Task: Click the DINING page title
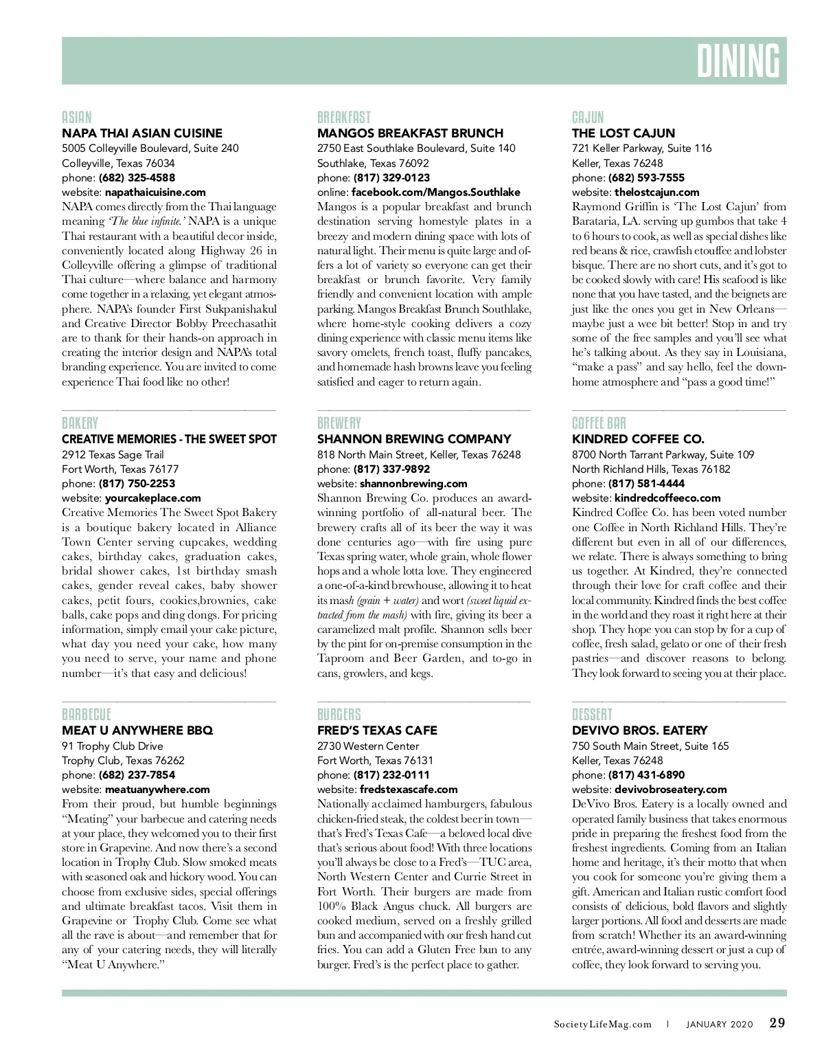click(738, 61)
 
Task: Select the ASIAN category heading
click(76, 118)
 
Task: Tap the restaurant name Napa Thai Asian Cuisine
click(142, 133)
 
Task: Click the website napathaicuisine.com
click(155, 192)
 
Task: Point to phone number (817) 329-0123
click(391, 178)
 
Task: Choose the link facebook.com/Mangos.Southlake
click(435, 192)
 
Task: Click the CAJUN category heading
click(588, 118)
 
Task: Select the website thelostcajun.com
click(656, 192)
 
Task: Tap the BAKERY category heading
click(80, 423)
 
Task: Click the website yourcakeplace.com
click(152, 498)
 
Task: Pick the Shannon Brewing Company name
click(414, 439)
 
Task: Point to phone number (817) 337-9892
click(391, 469)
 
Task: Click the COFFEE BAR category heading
click(599, 423)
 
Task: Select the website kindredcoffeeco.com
click(667, 498)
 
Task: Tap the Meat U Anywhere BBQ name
click(137, 731)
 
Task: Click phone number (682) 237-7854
click(137, 775)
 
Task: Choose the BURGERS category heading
click(339, 715)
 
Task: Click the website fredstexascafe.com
click(408, 790)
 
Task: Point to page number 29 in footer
click(777, 1023)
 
